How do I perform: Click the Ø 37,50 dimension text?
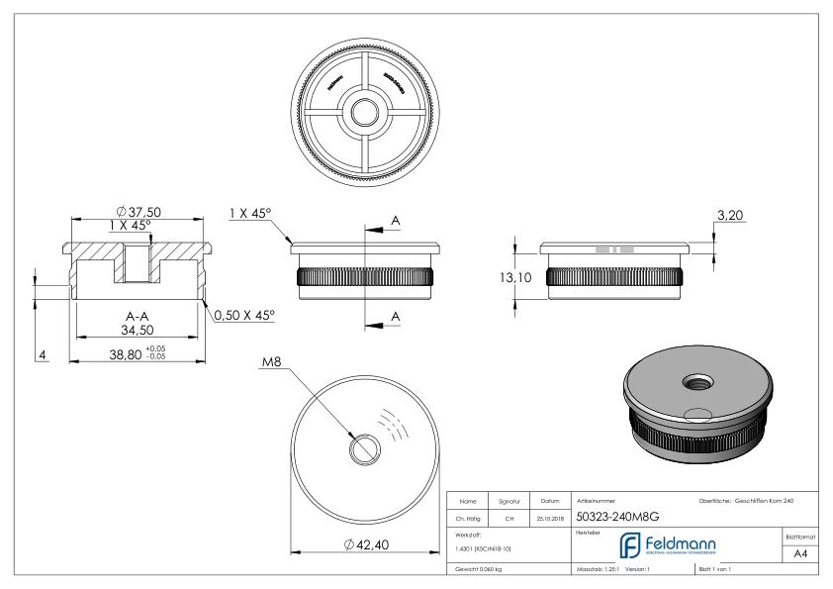139,212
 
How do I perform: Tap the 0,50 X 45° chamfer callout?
244,315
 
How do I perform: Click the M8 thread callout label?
273,363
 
